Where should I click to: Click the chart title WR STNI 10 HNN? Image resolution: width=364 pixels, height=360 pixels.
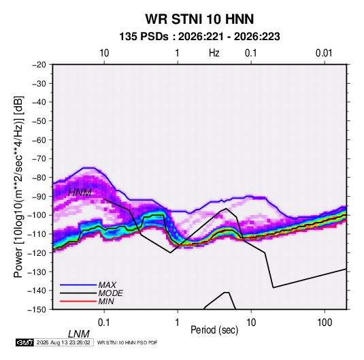pyautogui.click(x=199, y=19)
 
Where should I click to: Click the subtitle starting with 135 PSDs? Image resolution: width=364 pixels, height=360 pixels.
pyautogui.click(x=199, y=37)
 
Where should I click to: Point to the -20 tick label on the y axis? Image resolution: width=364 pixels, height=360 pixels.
pyautogui.click(x=39, y=65)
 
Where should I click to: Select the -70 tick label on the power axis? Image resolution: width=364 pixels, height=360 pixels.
pyautogui.click(x=39, y=159)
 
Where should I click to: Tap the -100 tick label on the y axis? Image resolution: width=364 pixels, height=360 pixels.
pyautogui.click(x=37, y=215)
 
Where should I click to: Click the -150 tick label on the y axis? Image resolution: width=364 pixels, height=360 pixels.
pyautogui.click(x=37, y=310)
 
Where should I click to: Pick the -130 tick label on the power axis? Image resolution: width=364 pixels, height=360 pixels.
pyautogui.click(x=37, y=272)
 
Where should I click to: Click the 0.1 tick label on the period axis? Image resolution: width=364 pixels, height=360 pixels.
pyautogui.click(x=104, y=323)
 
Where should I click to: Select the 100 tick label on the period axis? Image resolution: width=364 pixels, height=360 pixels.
pyautogui.click(x=325, y=323)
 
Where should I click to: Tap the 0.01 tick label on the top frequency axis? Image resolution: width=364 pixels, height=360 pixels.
pyautogui.click(x=324, y=53)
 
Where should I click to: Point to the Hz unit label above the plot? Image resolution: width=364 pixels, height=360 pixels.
pyautogui.click(x=214, y=53)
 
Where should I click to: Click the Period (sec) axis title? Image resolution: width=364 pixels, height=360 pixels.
pyautogui.click(x=214, y=330)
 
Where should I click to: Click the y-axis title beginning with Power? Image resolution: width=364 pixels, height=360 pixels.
pyautogui.click(x=18, y=186)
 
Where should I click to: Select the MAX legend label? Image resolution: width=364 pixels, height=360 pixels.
pyautogui.click(x=107, y=284)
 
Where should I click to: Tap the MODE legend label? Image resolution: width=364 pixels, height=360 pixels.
pyautogui.click(x=110, y=293)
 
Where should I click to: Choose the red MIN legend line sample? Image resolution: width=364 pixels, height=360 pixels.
pyautogui.click(x=78, y=301)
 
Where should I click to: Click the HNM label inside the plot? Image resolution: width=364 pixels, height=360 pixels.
pyautogui.click(x=80, y=193)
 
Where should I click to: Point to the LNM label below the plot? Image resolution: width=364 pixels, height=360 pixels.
pyautogui.click(x=79, y=334)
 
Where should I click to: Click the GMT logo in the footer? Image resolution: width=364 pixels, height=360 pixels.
pyautogui.click(x=24, y=342)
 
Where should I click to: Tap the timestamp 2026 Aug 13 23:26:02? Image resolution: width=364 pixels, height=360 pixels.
pyautogui.click(x=63, y=342)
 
